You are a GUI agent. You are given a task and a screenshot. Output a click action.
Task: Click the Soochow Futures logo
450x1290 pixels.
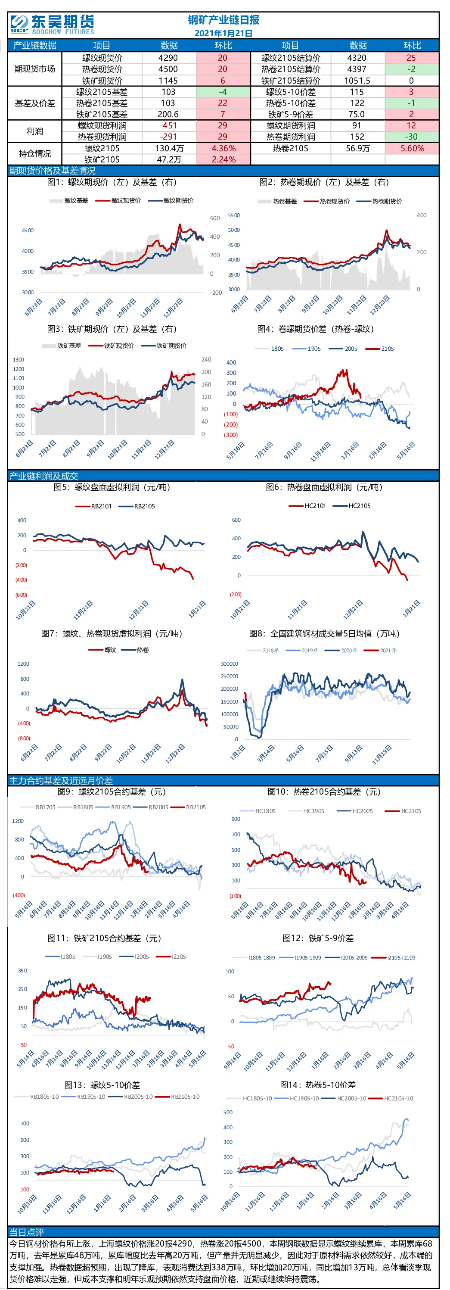tap(52, 25)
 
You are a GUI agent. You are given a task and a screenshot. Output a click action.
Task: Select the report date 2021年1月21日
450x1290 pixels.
tap(223, 33)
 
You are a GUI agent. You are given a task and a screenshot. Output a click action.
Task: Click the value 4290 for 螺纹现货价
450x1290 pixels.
tap(168, 58)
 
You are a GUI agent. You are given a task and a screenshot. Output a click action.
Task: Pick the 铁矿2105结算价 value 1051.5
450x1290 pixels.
tap(357, 81)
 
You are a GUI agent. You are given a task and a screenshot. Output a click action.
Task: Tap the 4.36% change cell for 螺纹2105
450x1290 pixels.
tap(223, 148)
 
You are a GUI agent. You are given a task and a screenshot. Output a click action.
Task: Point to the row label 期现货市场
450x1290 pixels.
tap(34, 69)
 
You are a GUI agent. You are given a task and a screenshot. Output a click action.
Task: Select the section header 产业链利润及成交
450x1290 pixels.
tap(43, 476)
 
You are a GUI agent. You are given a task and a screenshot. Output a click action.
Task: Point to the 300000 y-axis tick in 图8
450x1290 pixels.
tap(230, 664)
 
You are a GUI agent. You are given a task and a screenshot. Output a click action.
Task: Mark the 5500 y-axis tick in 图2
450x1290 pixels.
tap(234, 215)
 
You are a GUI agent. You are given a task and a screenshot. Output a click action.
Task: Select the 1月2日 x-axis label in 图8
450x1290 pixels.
tap(237, 753)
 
